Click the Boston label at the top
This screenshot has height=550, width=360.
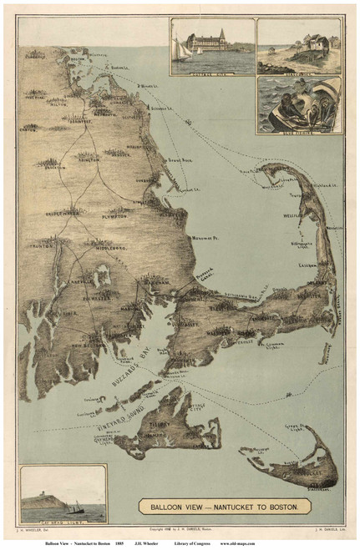click(79, 59)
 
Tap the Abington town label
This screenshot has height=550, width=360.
click(89, 156)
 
